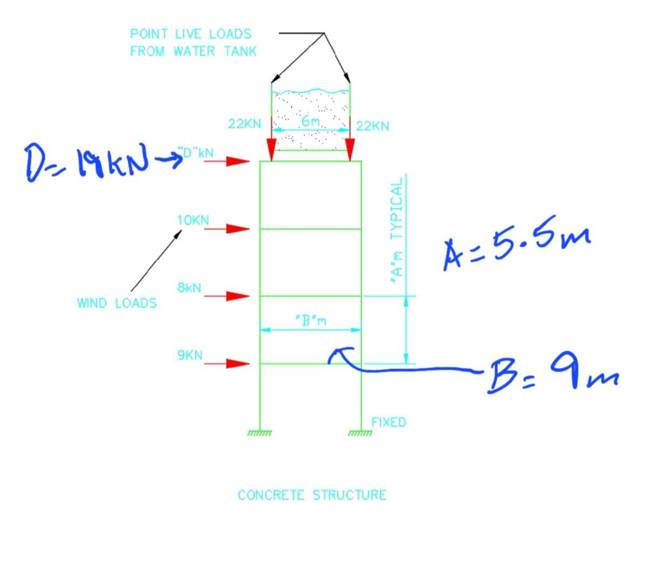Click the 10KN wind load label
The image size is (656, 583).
pyautogui.click(x=193, y=220)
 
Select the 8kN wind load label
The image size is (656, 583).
pyautogui.click(x=189, y=288)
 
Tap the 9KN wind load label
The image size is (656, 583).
pyautogui.click(x=190, y=355)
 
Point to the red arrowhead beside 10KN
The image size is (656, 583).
pyautogui.click(x=238, y=229)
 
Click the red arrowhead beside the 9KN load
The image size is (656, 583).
pyautogui.click(x=238, y=363)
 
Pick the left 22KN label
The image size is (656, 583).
pyautogui.click(x=245, y=124)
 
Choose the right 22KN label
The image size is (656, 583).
pyautogui.click(x=372, y=126)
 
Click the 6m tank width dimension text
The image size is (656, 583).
pyautogui.click(x=310, y=121)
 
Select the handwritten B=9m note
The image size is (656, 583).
pyautogui.click(x=552, y=373)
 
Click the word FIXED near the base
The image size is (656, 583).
pyautogui.click(x=389, y=422)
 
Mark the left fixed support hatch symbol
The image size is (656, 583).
pyautogui.click(x=260, y=433)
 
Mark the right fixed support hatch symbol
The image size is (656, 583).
pyautogui.click(x=361, y=433)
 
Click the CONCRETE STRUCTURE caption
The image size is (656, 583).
pyautogui.click(x=312, y=495)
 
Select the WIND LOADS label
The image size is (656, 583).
pyautogui.click(x=117, y=303)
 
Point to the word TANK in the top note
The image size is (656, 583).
pyautogui.click(x=240, y=51)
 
